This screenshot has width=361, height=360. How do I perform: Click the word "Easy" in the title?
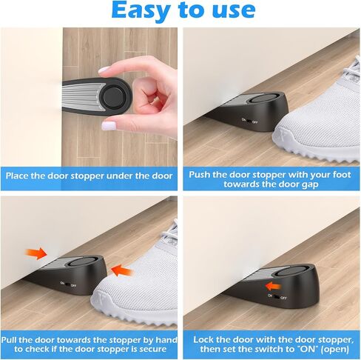tap(140, 10)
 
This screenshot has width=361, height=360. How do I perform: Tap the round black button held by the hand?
tap(112, 96)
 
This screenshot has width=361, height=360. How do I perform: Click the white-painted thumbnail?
tap(109, 125)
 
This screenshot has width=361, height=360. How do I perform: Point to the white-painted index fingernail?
tap(104, 70)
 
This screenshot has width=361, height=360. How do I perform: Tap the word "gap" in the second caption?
tap(310, 184)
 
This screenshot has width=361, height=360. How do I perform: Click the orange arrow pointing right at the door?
tap(36, 253)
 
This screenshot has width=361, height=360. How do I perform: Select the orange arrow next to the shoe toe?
tap(122, 270)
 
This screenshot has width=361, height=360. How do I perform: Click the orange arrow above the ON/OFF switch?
tap(273, 287)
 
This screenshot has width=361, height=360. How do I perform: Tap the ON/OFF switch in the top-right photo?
tap(250, 121)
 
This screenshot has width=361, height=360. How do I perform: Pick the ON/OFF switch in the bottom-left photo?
tap(68, 284)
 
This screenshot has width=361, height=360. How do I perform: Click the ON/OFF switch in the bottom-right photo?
tap(277, 297)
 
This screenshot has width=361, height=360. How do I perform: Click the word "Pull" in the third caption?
tap(9, 340)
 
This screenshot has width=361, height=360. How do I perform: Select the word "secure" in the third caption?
tap(153, 349)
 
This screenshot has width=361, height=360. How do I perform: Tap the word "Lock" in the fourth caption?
tap(203, 340)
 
